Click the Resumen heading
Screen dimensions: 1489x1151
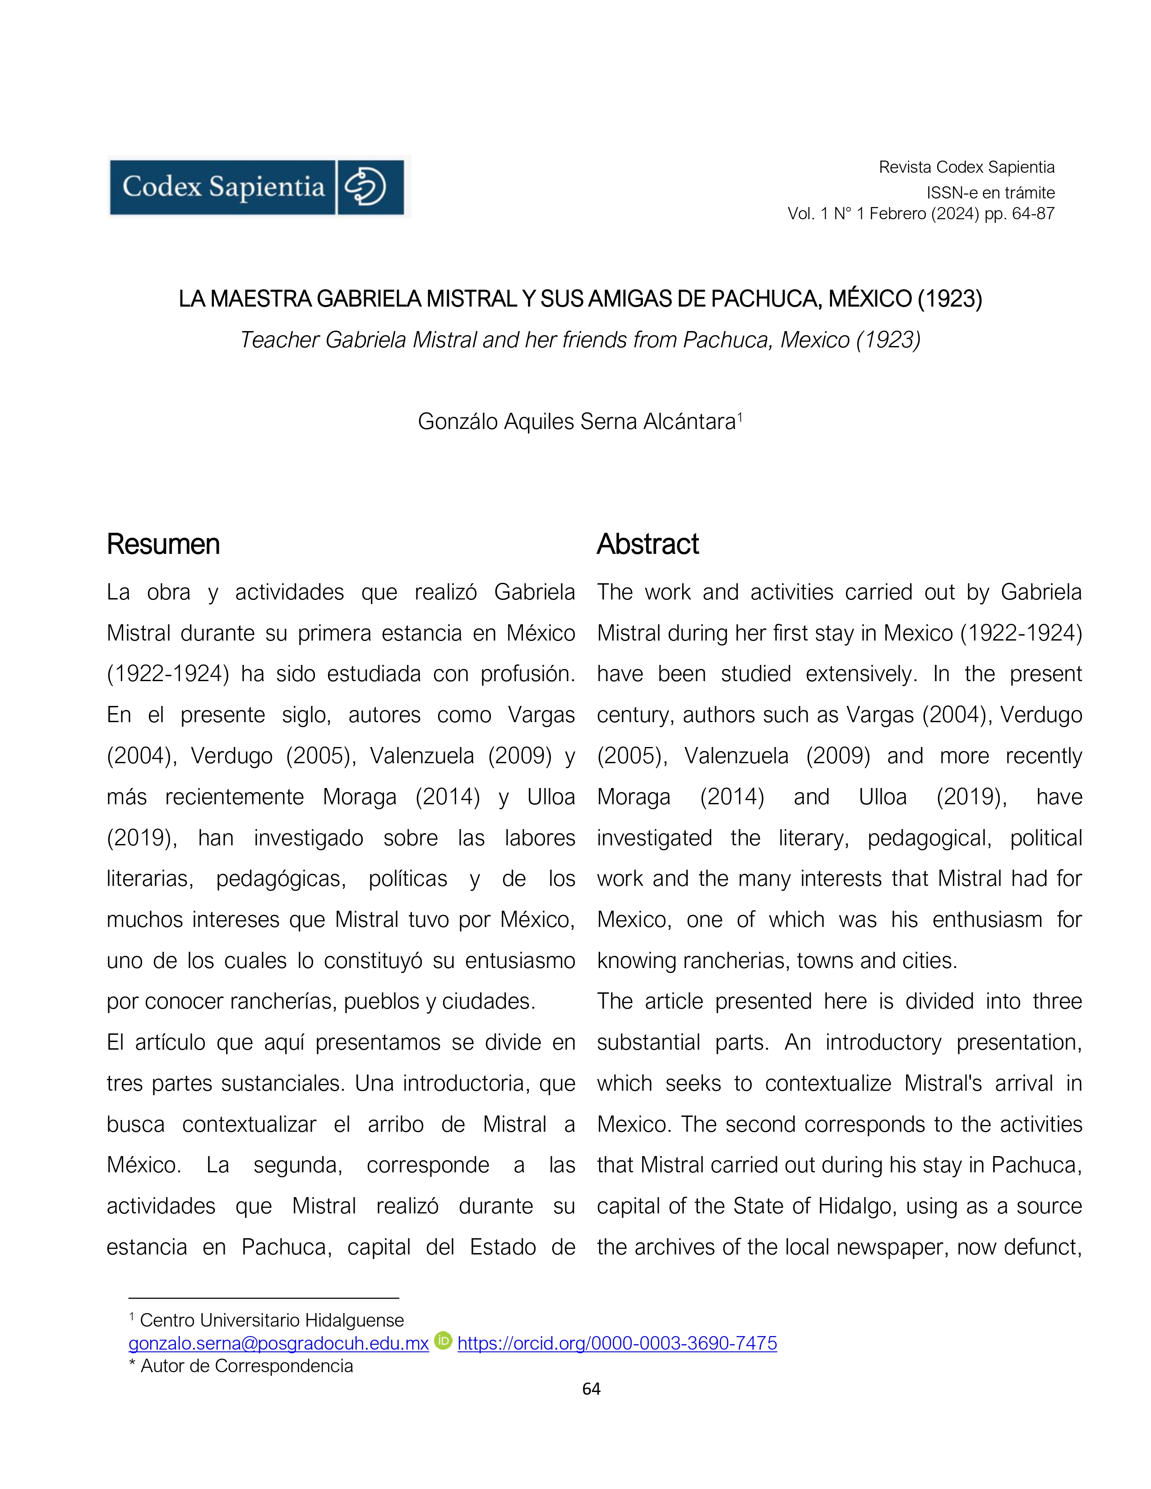(163, 544)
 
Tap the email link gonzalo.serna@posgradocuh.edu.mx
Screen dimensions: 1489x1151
(278, 1343)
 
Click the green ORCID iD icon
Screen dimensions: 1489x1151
(443, 1341)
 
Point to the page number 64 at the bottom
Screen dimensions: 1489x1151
(591, 1389)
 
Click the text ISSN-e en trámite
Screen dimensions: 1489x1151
(990, 193)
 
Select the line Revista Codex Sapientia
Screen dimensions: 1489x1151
(966, 167)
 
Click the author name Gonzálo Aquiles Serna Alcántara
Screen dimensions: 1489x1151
(577, 421)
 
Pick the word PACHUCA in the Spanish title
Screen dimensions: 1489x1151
(765, 299)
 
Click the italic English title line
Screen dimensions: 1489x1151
(580, 340)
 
